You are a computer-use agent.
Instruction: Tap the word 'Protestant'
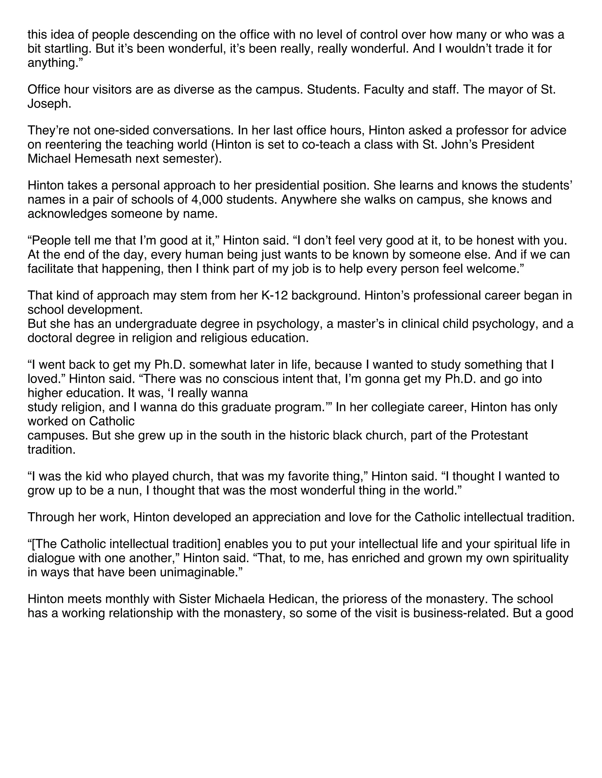click(499, 435)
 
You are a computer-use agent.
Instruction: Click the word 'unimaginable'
click(190, 572)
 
